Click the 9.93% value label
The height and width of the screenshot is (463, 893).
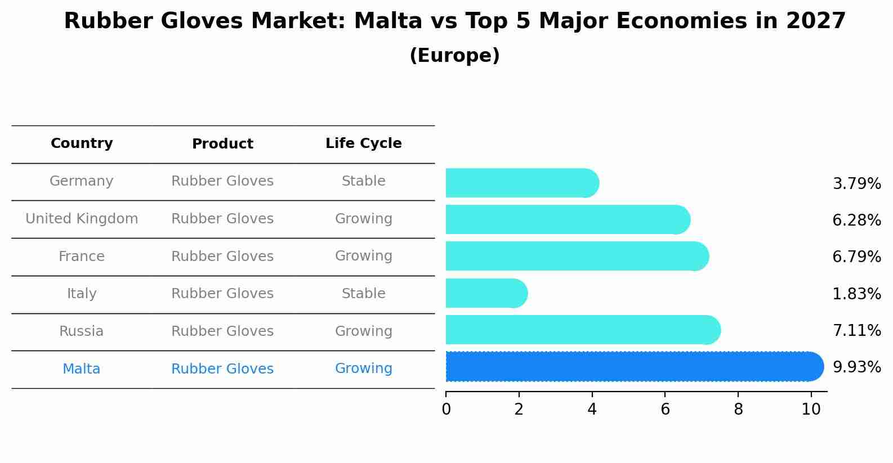[856, 367]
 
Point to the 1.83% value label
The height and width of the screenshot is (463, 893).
[856, 294]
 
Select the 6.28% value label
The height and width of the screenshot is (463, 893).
[856, 220]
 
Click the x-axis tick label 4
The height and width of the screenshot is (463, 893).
[592, 410]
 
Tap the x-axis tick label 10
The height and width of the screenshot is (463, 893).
[811, 410]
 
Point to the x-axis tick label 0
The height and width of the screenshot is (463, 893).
[446, 410]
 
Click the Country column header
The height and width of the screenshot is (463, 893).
[82, 143]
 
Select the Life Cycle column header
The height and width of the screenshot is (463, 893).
[363, 143]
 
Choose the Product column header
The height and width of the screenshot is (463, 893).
[222, 144]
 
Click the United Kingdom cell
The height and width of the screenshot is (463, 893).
[82, 219]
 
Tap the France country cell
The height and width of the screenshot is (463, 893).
[82, 257]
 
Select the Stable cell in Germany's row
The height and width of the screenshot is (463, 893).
[363, 181]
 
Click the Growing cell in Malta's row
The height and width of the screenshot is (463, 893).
[363, 368]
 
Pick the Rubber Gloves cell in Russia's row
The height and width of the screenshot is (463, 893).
[222, 331]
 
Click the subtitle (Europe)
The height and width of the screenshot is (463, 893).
[454, 56]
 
